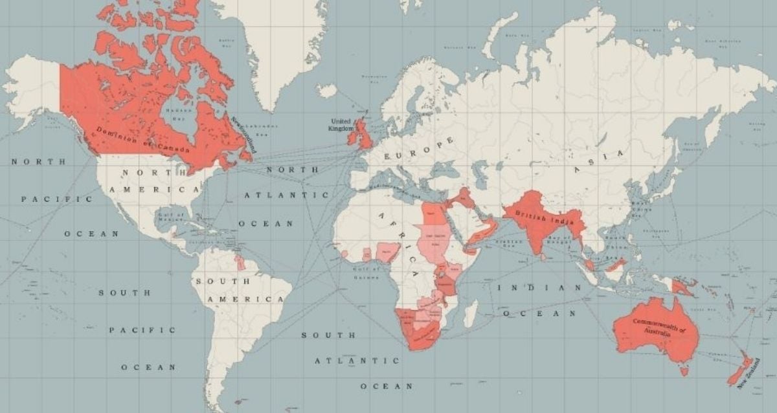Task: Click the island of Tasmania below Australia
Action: tap(681, 371)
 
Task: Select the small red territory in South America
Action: tap(240, 263)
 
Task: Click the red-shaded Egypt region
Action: tap(433, 213)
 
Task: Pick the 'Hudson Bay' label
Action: tap(172, 111)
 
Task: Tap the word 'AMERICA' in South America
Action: tap(245, 300)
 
